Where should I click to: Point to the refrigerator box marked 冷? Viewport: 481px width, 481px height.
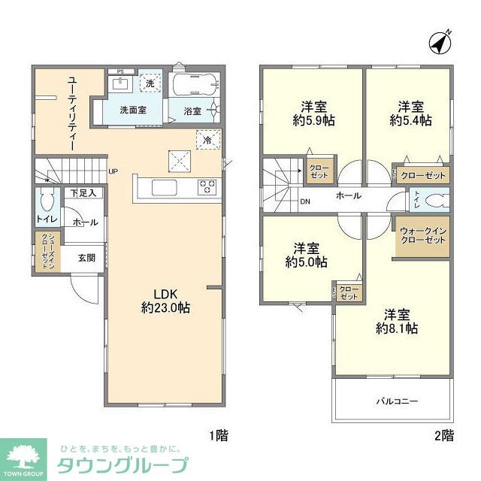click(x=204, y=140)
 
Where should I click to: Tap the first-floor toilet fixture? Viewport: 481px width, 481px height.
click(x=46, y=201)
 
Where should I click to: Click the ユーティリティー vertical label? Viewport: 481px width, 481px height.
click(x=72, y=113)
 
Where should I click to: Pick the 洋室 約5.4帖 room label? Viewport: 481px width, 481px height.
click(x=411, y=113)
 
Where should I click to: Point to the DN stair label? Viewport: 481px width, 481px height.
click(x=306, y=202)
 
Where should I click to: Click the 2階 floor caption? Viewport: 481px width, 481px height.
click(x=443, y=434)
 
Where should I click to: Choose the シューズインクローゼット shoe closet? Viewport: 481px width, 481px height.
click(x=45, y=252)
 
